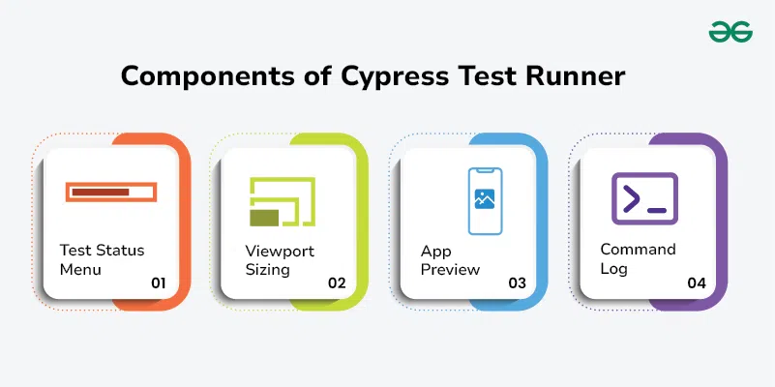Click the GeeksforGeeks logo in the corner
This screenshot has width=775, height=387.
pos(730,32)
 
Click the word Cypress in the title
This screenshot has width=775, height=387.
pos(395,77)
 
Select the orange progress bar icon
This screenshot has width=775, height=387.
pos(111,192)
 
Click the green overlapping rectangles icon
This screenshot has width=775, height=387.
pos(283,201)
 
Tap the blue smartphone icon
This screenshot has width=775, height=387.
pos(485,200)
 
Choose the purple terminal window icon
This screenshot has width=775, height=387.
pos(644,198)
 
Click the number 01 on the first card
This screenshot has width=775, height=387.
pos(158,283)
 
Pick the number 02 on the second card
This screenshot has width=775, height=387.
pos(337,283)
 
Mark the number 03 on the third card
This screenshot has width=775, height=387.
pos(517,283)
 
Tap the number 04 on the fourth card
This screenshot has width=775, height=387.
pos(697,283)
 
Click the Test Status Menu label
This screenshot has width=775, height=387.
pos(102,260)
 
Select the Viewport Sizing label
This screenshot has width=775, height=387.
pos(280,260)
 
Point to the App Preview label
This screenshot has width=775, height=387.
pos(450,260)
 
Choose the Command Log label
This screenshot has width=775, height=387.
pos(638,259)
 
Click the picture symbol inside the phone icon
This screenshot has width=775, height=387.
pos(485,198)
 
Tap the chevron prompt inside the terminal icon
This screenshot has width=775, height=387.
pos(632,198)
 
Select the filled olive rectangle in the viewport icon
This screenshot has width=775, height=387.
pos(264,218)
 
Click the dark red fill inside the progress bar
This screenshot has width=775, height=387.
pos(101,192)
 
